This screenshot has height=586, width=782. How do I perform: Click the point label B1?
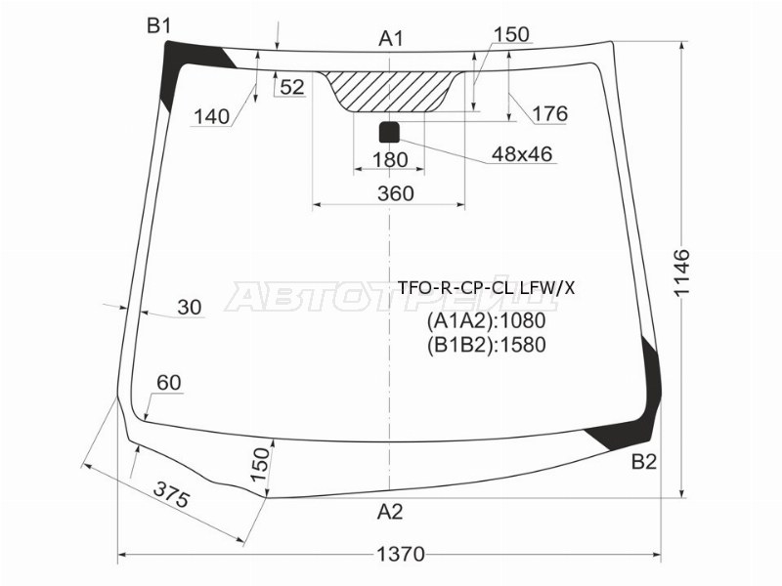click(159, 25)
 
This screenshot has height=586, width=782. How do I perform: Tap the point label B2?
click(644, 462)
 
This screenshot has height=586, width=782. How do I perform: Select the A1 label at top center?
click(391, 38)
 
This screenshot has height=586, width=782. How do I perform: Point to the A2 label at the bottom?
click(390, 511)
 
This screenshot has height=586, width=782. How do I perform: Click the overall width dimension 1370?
click(401, 554)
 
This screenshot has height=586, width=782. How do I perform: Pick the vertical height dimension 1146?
click(681, 272)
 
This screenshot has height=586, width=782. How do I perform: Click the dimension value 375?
click(171, 495)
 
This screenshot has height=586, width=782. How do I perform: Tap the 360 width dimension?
click(396, 192)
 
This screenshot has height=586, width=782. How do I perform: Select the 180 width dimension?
click(390, 160)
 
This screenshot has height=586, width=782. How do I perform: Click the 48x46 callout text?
click(522, 154)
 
